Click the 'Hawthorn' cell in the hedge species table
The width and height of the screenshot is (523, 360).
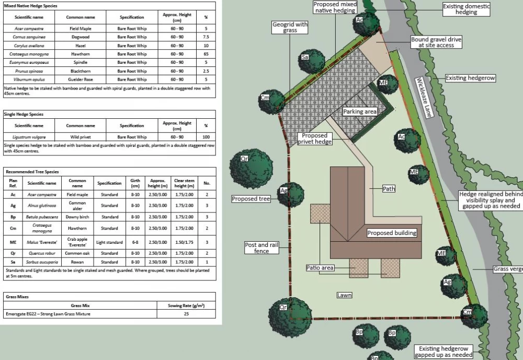tap(81, 54)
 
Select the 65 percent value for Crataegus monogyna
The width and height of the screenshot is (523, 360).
tap(206, 54)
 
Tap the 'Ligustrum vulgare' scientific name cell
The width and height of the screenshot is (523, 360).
tap(29, 137)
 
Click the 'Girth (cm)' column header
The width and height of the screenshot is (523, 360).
tap(135, 183)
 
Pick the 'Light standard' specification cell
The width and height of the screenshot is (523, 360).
tap(109, 243)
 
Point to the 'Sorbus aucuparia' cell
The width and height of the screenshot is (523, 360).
tap(42, 262)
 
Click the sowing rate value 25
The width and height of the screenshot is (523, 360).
tap(186, 314)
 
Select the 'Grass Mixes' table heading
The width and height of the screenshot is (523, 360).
tap(17, 297)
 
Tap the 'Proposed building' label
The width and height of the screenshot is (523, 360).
tap(392, 233)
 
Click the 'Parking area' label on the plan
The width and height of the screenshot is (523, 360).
tap(360, 111)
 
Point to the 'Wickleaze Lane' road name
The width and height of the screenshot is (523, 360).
tap(424, 97)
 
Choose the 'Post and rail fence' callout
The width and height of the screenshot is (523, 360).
tap(261, 248)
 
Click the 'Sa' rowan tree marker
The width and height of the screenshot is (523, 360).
tap(305, 57)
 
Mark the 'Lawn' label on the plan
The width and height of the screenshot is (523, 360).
tap(344, 295)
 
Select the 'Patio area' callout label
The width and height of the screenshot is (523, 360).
tap(320, 268)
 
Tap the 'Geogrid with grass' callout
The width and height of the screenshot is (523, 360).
tap(290, 27)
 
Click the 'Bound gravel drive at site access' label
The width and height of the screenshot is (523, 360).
tap(436, 42)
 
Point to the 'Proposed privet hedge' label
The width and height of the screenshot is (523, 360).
tap(314, 139)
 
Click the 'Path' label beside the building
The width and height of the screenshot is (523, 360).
tap(389, 189)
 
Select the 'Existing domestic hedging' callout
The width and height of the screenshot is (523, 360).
tap(467, 9)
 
